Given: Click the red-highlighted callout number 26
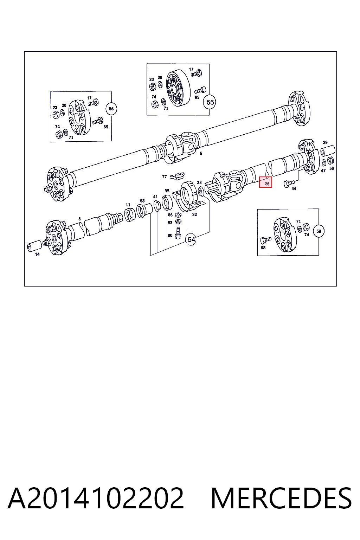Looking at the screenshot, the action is tap(267, 184).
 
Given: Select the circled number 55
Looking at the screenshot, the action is tap(210, 102).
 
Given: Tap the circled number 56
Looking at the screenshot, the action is tap(111, 109).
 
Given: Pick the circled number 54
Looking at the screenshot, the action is tap(191, 240).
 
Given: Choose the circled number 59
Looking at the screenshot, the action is tap(319, 231).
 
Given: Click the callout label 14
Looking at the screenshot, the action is tap(37, 254).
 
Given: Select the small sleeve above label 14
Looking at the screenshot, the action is tap(34, 246).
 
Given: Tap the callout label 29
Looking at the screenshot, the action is tap(325, 142).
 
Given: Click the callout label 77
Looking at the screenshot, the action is tap(165, 177).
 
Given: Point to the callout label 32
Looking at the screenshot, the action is tap(194, 214).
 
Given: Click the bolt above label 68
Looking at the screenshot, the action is tap(266, 240).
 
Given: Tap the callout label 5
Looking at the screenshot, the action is tap(201, 153).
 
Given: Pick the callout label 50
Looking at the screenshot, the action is tap(332, 168).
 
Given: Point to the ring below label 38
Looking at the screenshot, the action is tap(200, 191).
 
